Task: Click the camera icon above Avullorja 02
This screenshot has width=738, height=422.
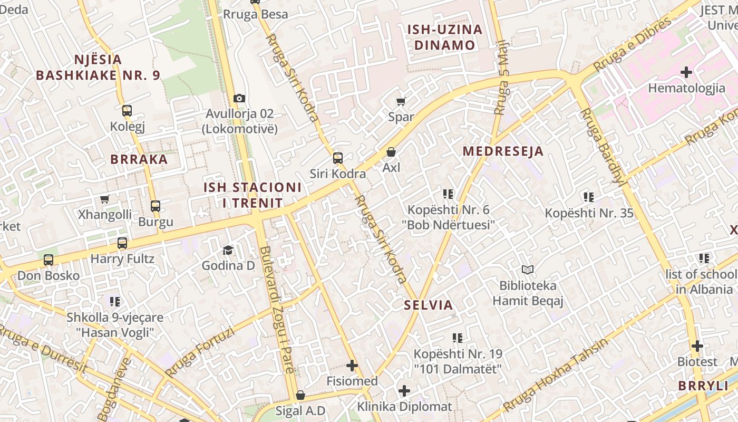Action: click(x=239, y=99)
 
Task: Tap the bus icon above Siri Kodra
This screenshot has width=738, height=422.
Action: click(x=337, y=158)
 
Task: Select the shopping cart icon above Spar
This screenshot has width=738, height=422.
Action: click(x=401, y=101)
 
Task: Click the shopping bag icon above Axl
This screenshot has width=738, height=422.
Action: click(x=391, y=152)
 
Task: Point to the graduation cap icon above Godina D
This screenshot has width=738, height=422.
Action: click(x=228, y=250)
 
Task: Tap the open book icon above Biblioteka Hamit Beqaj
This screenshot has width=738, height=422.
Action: click(x=528, y=270)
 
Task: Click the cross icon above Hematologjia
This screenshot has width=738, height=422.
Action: click(x=686, y=72)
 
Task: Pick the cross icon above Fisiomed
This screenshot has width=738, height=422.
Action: click(x=352, y=365)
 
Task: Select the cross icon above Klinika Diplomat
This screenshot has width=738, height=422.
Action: click(x=404, y=391)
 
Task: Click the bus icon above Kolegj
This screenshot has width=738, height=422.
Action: click(x=127, y=111)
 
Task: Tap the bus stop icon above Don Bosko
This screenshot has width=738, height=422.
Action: click(x=48, y=260)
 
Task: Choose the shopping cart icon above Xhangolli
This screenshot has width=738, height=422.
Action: click(x=104, y=199)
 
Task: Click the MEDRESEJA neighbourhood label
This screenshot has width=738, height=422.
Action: click(x=503, y=151)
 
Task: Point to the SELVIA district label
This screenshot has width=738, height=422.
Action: click(x=429, y=305)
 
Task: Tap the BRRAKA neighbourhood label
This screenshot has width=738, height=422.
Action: click(x=139, y=159)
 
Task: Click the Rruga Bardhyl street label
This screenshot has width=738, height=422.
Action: click(x=601, y=147)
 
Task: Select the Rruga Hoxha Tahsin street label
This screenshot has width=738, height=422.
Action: click(x=556, y=375)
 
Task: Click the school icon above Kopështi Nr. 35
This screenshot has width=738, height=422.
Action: click(x=589, y=197)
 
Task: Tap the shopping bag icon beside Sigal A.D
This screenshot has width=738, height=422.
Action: click(x=300, y=395)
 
